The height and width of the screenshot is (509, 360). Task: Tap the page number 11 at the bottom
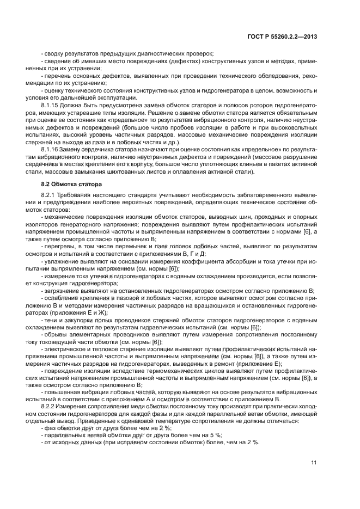pyautogui.click(x=314, y=463)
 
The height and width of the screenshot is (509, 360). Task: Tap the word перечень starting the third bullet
pyautogui.click(x=58, y=75)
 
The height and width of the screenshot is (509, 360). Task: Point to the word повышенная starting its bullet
pyautogui.click(x=60, y=392)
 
